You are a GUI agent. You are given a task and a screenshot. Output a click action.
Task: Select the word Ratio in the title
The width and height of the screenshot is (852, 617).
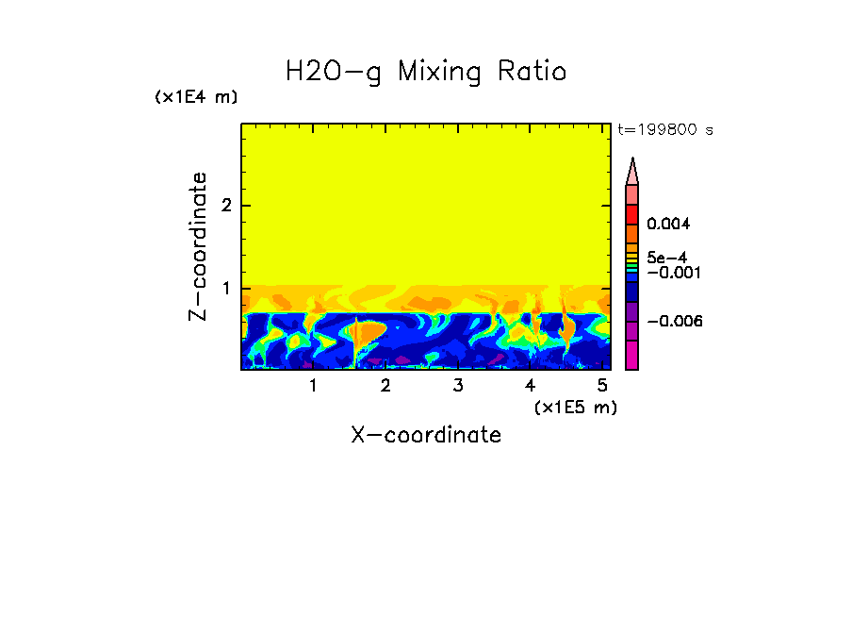534,72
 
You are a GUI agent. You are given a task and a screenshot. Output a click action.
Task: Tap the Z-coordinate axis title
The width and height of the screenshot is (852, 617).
198,246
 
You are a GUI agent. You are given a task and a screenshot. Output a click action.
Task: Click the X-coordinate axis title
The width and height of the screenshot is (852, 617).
426,435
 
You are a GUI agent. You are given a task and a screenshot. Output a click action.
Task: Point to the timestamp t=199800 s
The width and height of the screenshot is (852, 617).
664,130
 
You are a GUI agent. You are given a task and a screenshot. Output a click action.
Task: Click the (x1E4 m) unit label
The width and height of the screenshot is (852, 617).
196,97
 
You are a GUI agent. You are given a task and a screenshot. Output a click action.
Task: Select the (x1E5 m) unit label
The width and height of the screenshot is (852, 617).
575,407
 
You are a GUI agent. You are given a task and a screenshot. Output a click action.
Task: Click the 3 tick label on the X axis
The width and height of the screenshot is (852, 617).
457,386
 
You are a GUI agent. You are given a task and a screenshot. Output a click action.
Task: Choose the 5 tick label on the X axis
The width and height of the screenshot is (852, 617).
601,386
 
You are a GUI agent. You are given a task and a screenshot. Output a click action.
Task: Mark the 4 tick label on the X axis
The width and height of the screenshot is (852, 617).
530,386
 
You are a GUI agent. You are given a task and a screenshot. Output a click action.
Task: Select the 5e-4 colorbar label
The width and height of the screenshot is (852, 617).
666,257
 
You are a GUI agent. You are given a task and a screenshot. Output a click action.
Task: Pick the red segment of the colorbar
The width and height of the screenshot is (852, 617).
632,213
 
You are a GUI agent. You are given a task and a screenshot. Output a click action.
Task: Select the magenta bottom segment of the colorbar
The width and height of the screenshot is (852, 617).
632,355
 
